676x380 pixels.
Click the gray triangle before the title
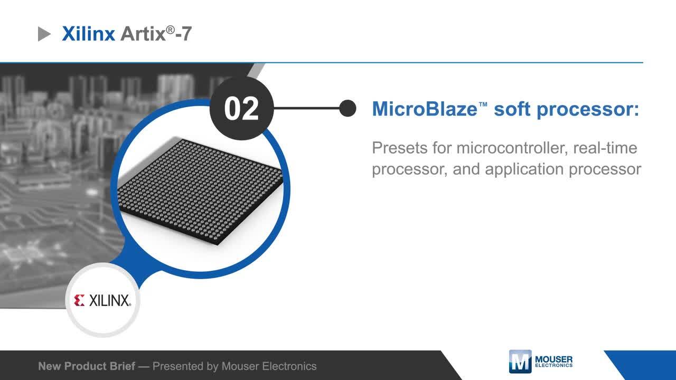click(44, 35)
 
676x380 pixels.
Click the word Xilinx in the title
click(88, 34)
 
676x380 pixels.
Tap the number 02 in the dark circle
click(241, 109)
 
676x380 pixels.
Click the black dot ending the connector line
click(348, 109)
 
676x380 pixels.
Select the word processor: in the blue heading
click(588, 109)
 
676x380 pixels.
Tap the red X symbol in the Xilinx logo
click(79, 301)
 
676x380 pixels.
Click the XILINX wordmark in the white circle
click(109, 301)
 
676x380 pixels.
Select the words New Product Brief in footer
click(87, 366)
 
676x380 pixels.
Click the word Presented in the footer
click(177, 366)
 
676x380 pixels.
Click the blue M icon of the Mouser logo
click(520, 362)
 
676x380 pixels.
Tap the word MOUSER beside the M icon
click(553, 359)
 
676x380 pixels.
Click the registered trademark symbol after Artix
click(170, 30)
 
